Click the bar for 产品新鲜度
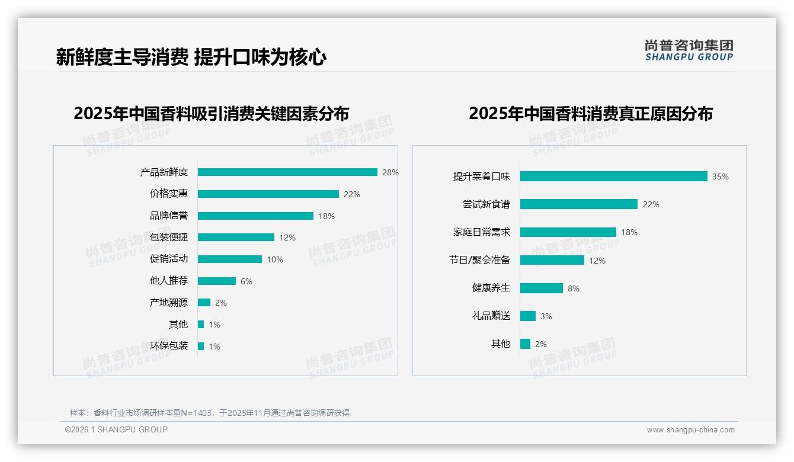(287, 172)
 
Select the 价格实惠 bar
(268, 194)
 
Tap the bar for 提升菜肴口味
(613, 177)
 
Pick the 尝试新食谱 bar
(578, 204)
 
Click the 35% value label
(721, 177)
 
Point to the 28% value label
(390, 172)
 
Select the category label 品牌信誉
(168, 216)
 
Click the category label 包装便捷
(168, 238)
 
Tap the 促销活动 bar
(229, 259)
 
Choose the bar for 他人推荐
(216, 281)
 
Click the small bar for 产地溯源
(204, 303)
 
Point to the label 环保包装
(168, 346)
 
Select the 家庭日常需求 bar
(568, 232)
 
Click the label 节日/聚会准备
(479, 260)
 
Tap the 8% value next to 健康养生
(573, 288)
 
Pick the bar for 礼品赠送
(527, 316)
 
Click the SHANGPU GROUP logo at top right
(689, 50)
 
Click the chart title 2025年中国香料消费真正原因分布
(590, 114)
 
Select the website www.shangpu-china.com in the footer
(690, 430)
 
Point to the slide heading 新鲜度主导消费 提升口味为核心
(191, 57)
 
